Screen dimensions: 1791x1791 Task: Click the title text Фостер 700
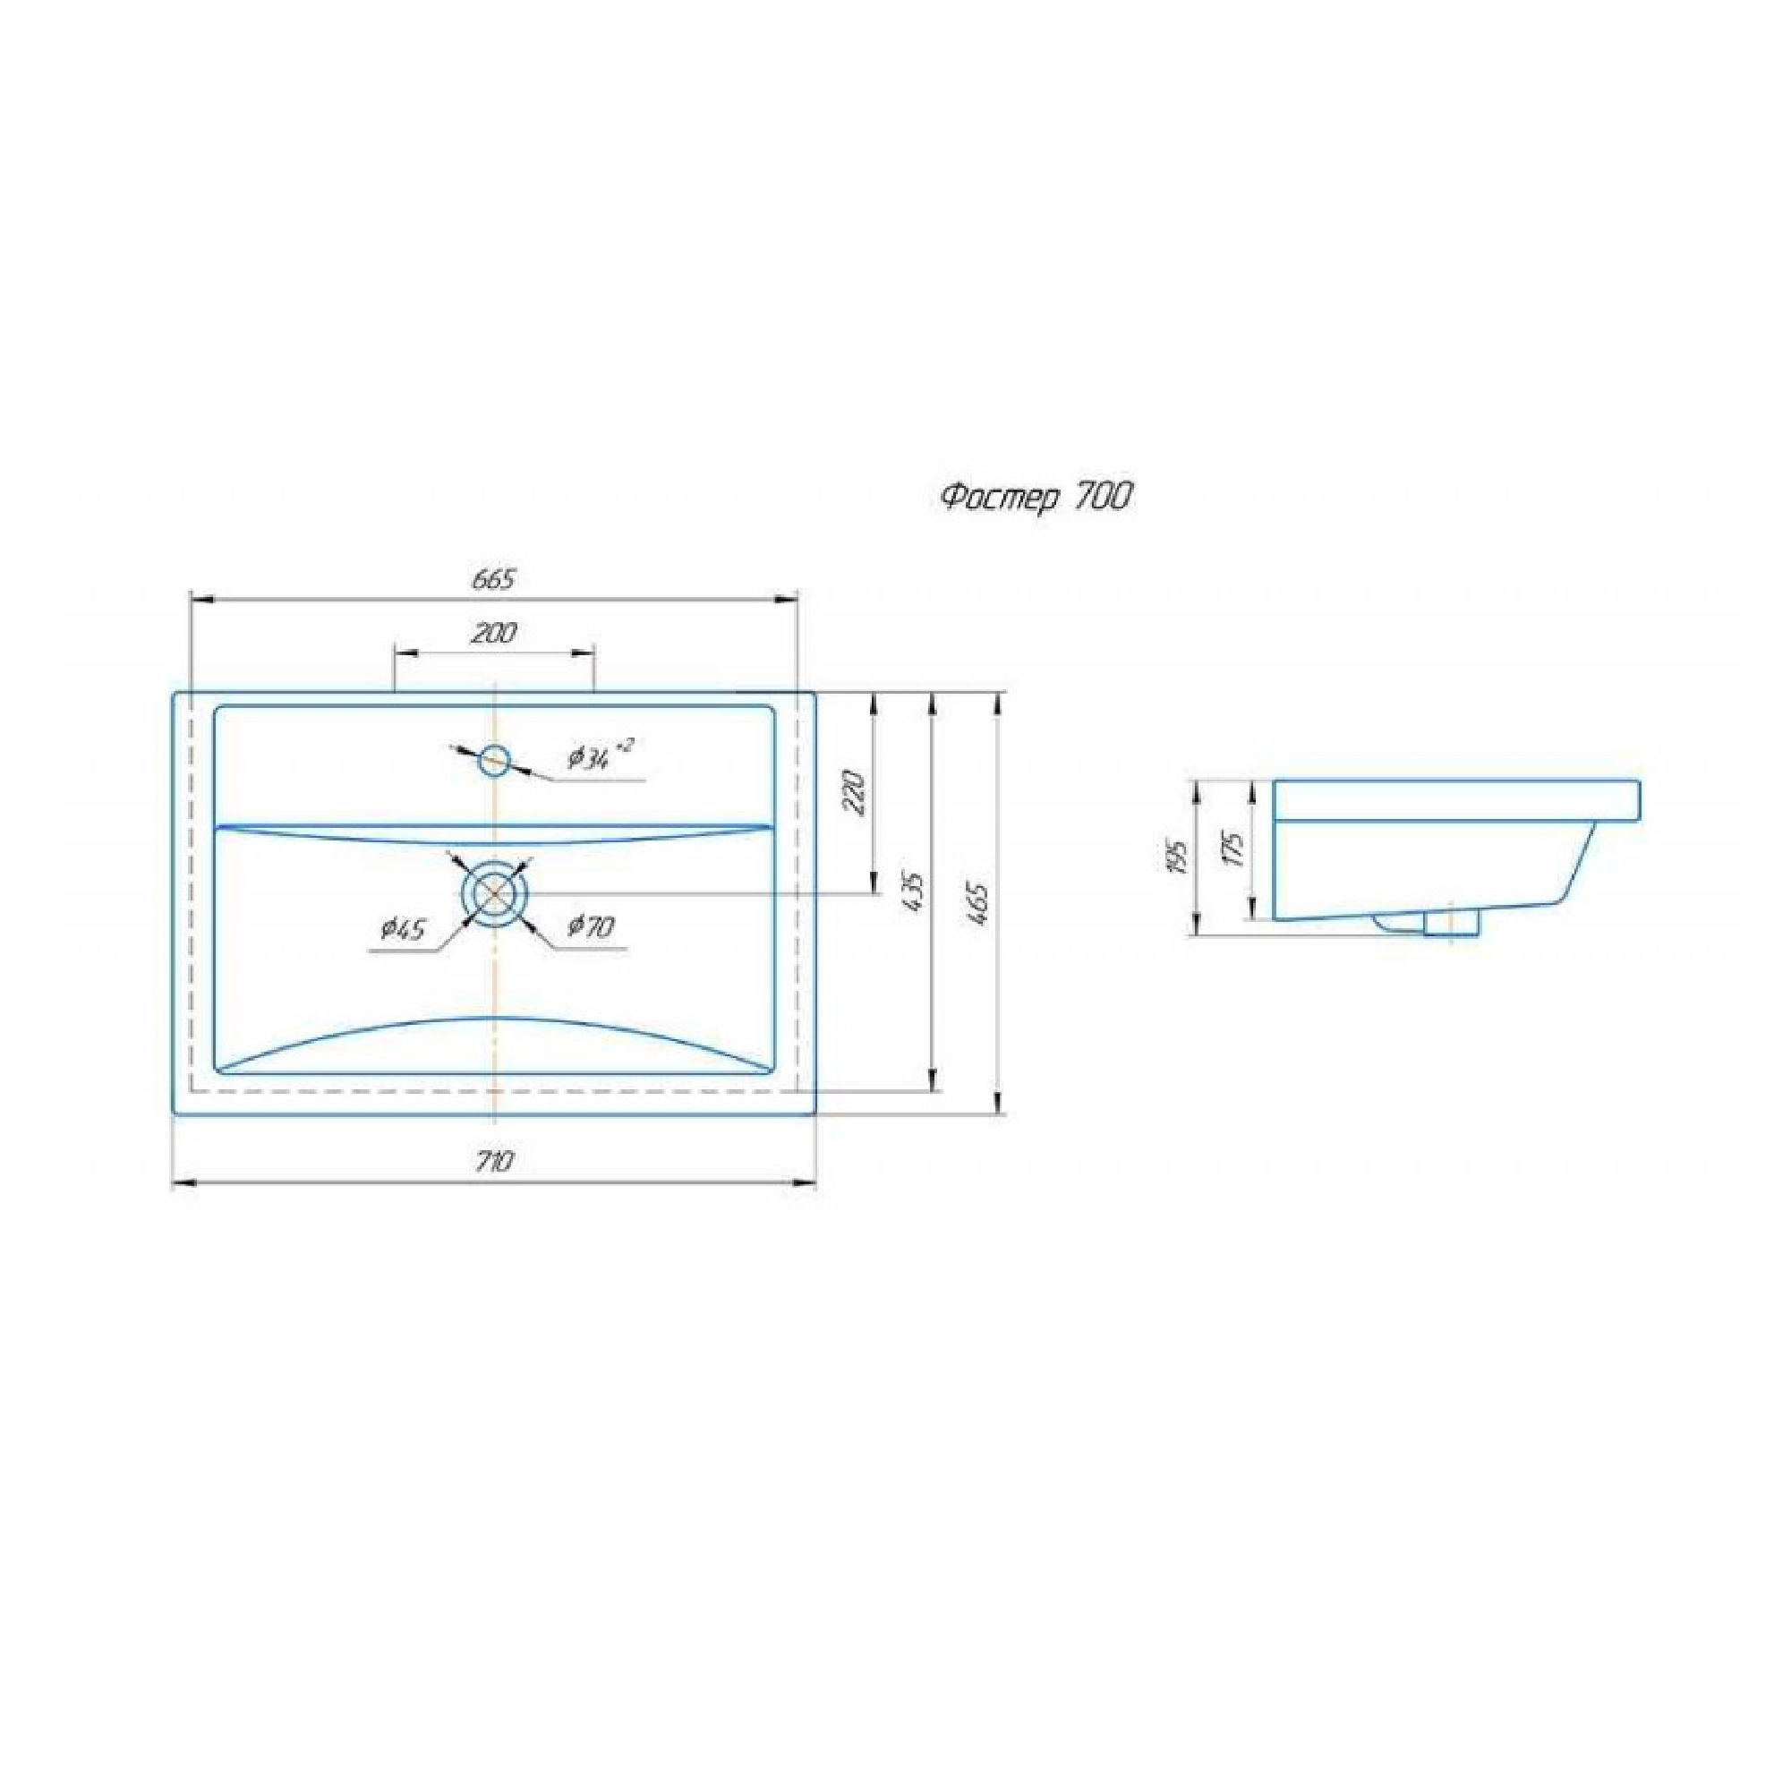pyautogui.click(x=1036, y=499)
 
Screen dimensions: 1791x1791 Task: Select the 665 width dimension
pyautogui.click(x=493, y=579)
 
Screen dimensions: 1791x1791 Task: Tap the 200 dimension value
pyautogui.click(x=494, y=633)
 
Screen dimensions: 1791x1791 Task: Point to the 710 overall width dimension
pyautogui.click(x=493, y=1162)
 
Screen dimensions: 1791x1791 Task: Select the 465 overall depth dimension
pyautogui.click(x=979, y=904)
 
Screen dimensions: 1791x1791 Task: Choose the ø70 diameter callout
pyautogui.click(x=591, y=926)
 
